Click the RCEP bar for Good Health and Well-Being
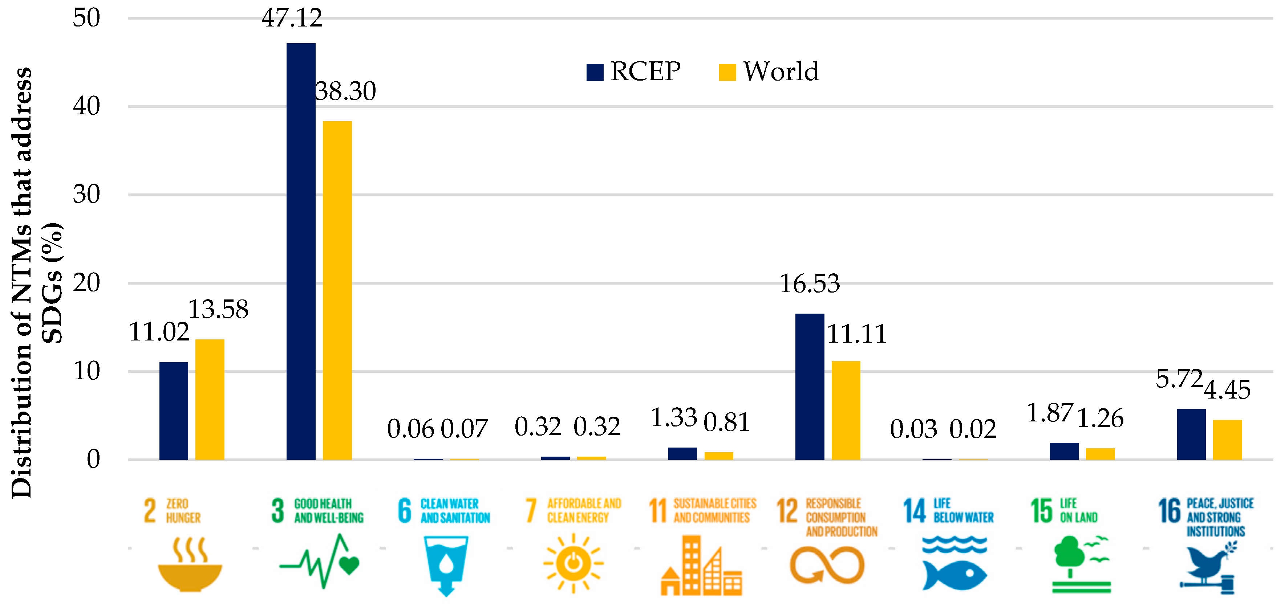[301, 251]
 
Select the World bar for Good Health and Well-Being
[337, 290]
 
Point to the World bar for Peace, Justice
[1227, 440]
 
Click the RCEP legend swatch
[595, 72]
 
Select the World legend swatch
[727, 72]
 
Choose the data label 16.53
[809, 284]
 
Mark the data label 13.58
[218, 309]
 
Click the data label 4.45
[1227, 390]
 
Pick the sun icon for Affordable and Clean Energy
[573, 564]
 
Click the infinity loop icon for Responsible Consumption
[827, 565]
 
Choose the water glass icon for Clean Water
[446, 564]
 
